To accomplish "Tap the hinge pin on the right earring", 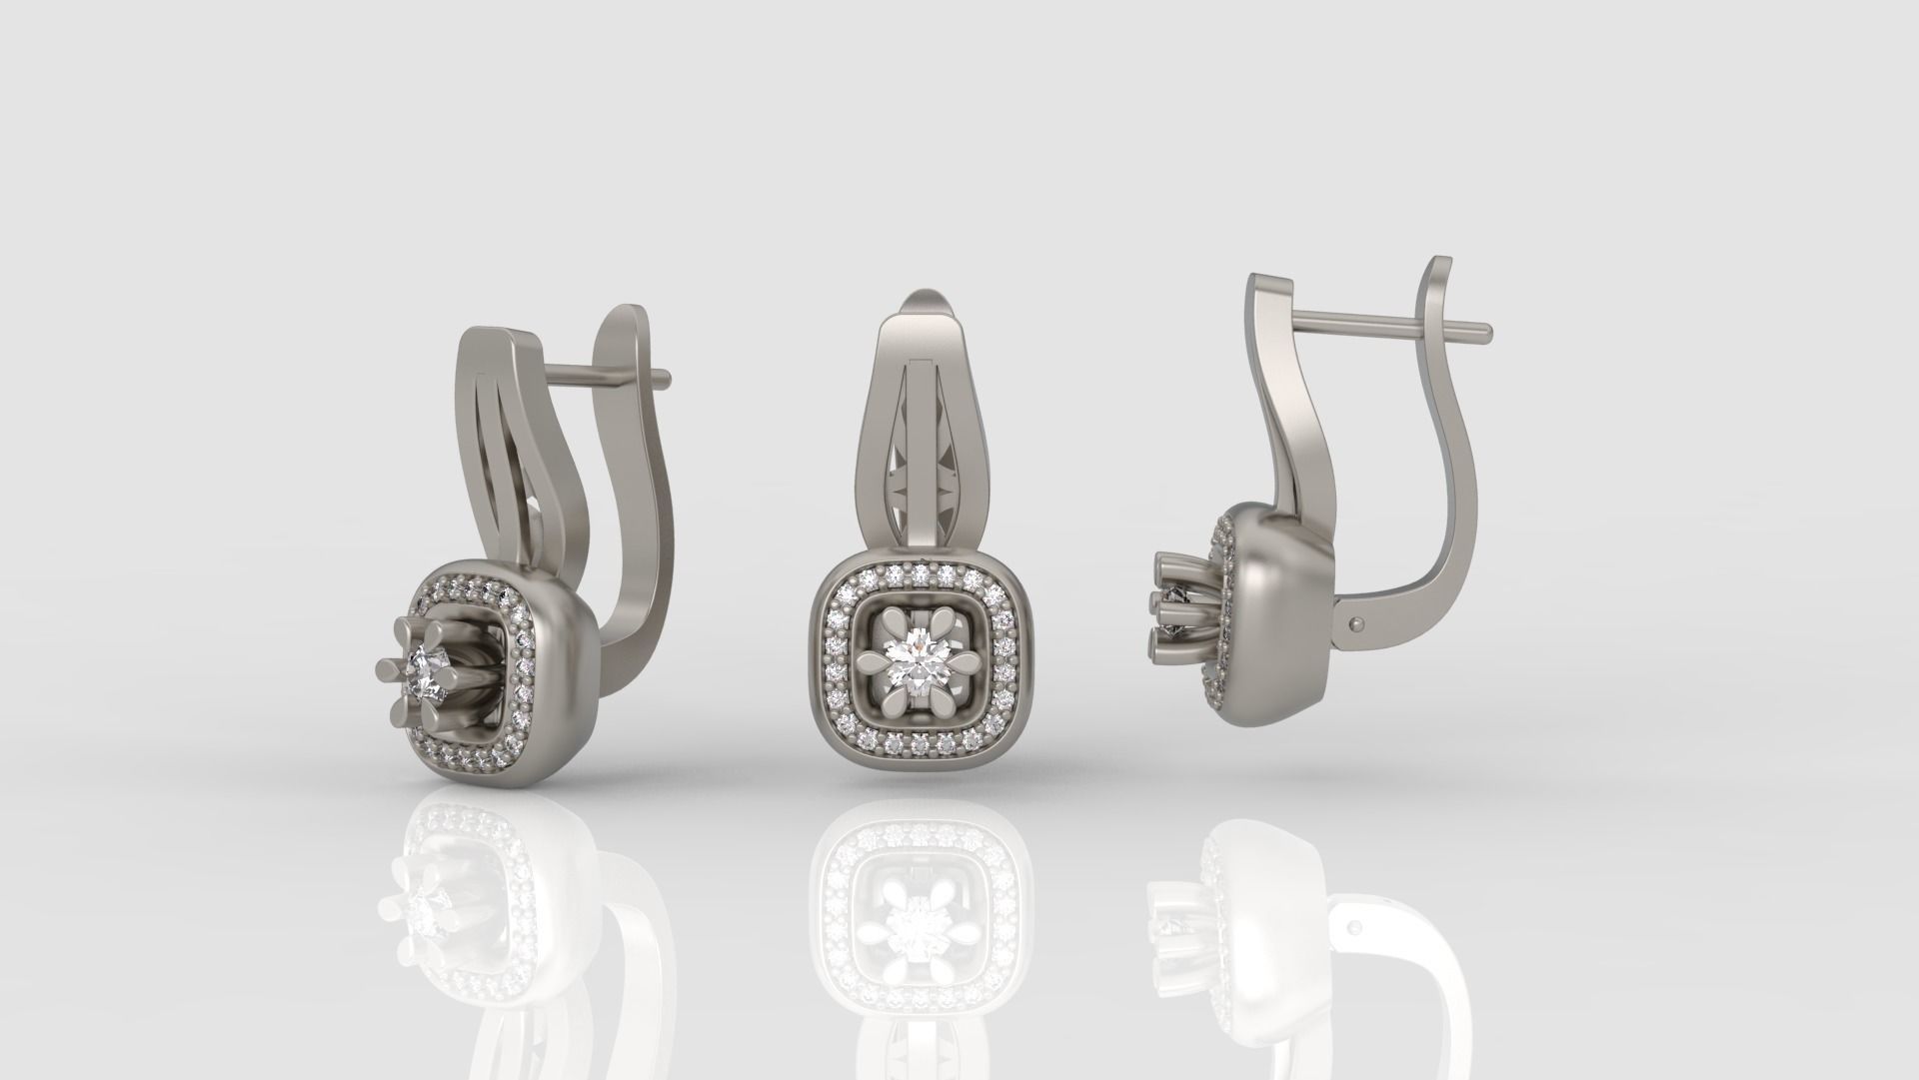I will [x=1356, y=624].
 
